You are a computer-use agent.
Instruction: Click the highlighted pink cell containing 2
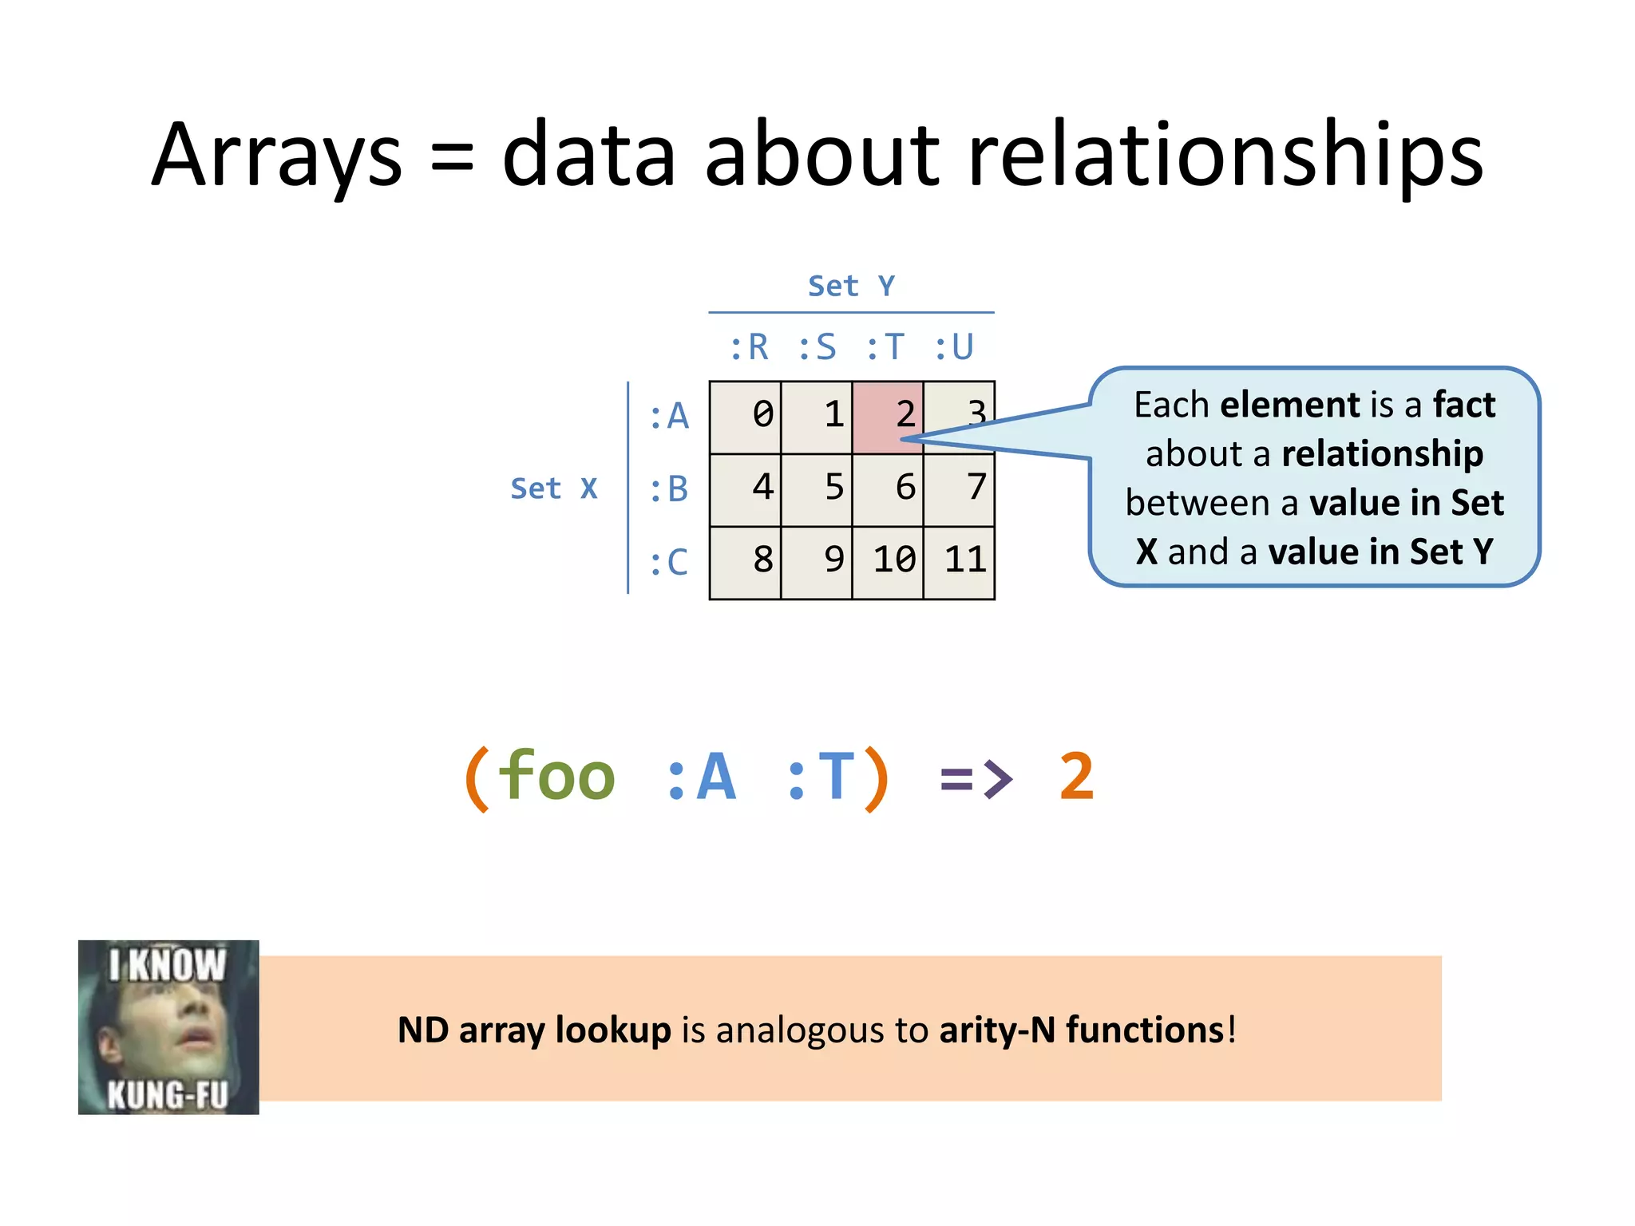click(888, 417)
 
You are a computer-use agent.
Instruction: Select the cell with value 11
click(960, 562)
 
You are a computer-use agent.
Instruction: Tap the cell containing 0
click(746, 417)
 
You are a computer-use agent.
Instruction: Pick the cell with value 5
click(817, 489)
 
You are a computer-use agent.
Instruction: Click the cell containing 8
click(746, 562)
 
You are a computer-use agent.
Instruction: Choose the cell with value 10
click(888, 562)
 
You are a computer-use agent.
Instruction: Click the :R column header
click(749, 347)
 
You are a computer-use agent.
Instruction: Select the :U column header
click(954, 347)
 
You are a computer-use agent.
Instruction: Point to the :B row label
click(669, 489)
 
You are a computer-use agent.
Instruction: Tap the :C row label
click(669, 562)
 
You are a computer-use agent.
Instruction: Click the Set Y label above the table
click(851, 286)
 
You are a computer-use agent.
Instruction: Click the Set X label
click(553, 488)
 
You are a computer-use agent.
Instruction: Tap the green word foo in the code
click(556, 776)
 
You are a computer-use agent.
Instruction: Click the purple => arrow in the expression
click(976, 777)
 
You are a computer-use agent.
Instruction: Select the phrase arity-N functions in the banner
click(1082, 1030)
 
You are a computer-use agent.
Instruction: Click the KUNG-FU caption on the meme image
click(168, 1094)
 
